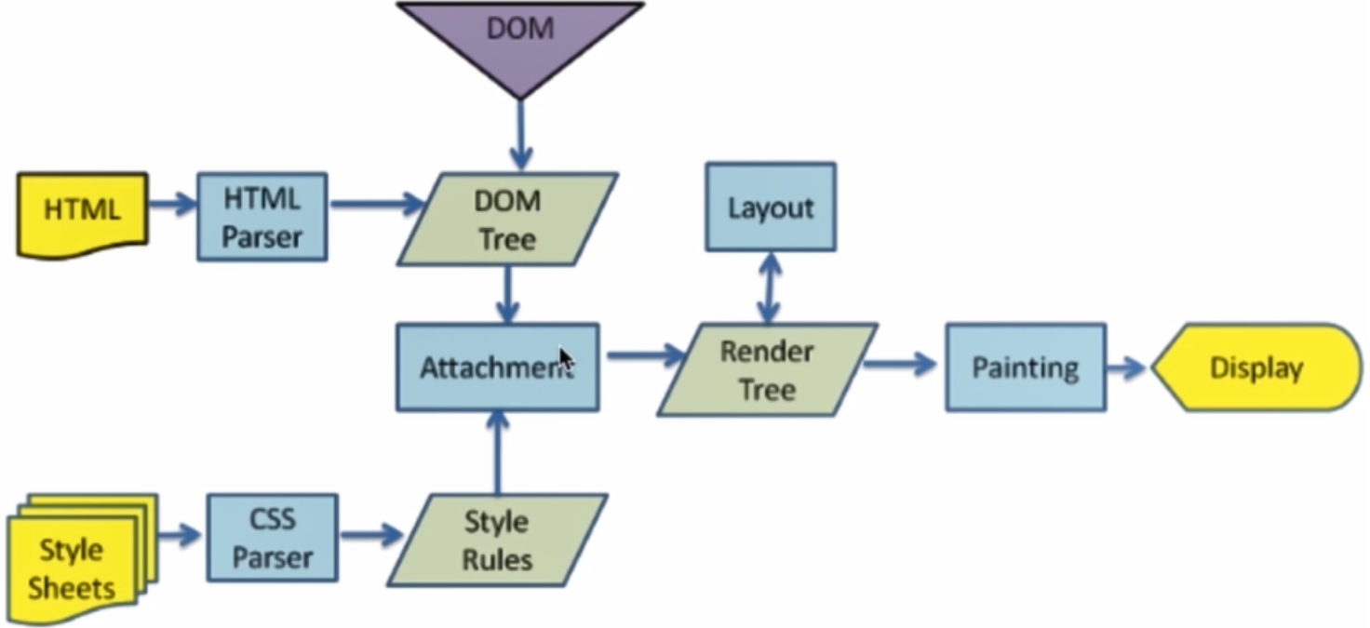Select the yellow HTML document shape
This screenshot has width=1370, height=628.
click(82, 211)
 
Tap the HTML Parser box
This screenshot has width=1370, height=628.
click(262, 217)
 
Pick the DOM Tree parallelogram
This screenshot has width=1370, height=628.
click(507, 220)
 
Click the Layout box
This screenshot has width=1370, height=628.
click(770, 207)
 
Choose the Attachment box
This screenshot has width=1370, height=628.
click(497, 367)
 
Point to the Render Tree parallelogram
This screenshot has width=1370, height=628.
click(767, 369)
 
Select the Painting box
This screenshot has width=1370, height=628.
click(1026, 367)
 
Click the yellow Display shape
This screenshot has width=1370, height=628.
click(1256, 367)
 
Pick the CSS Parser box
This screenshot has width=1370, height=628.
click(272, 538)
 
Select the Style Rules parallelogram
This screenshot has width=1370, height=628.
click(498, 541)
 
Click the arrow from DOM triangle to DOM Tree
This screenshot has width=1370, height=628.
click(519, 135)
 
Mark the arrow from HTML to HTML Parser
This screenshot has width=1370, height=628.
click(172, 204)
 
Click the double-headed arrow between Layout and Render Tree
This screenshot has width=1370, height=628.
click(769, 287)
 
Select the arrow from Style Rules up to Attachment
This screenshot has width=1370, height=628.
click(498, 453)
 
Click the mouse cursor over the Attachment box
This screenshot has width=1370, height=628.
click(566, 360)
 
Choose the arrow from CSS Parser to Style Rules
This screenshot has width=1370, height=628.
click(370, 535)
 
